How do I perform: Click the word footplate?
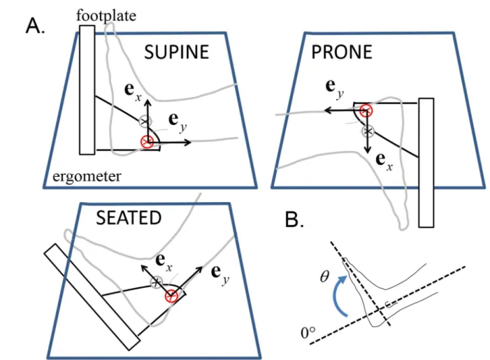(x=106, y=15)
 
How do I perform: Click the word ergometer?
(x=87, y=177)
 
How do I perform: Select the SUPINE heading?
(x=176, y=52)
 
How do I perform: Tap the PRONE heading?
(x=342, y=52)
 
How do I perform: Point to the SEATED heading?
(x=129, y=218)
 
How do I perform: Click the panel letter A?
(x=35, y=26)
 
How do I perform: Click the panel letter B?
(x=294, y=219)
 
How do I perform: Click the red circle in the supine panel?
(x=147, y=142)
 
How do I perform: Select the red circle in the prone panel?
(x=366, y=110)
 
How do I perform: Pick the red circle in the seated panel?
(x=171, y=296)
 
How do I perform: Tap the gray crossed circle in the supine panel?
(x=145, y=121)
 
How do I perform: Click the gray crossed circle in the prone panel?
(x=368, y=131)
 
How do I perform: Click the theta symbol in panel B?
(x=325, y=276)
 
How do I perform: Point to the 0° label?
(x=308, y=333)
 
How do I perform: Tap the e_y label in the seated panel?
(x=220, y=275)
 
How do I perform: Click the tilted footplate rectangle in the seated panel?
(x=92, y=297)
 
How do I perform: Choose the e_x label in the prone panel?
(x=384, y=161)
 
